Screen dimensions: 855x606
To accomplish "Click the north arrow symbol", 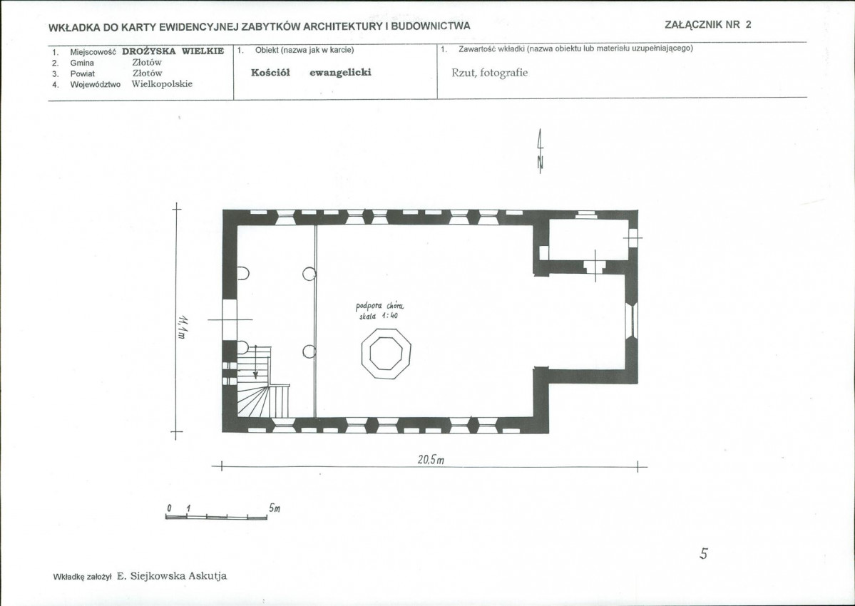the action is pyautogui.click(x=540, y=151).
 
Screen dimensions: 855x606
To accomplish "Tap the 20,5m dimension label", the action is pyautogui.click(x=431, y=460).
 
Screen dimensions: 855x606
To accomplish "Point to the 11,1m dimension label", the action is pyautogui.click(x=182, y=325).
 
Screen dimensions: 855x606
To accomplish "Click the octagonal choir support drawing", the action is pyautogui.click(x=386, y=353).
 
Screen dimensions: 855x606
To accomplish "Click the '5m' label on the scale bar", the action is pyautogui.click(x=275, y=508).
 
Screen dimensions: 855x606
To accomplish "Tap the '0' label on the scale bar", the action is pyautogui.click(x=169, y=508).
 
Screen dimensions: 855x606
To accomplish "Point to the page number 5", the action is pyautogui.click(x=703, y=554).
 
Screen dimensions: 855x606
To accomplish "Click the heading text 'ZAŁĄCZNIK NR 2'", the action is pyautogui.click(x=708, y=24).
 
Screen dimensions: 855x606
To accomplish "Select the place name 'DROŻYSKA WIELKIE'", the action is pyautogui.click(x=173, y=51).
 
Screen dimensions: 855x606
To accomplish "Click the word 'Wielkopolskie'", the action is pyautogui.click(x=162, y=84).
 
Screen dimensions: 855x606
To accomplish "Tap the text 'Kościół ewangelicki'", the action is pyautogui.click(x=311, y=73).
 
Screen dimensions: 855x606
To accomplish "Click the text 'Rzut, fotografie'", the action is pyautogui.click(x=490, y=73).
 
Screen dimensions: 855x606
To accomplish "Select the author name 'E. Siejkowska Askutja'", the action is pyautogui.click(x=172, y=576).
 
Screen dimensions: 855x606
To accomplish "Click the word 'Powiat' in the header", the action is pyautogui.click(x=82, y=73).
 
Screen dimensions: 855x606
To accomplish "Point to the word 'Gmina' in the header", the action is pyautogui.click(x=82, y=63).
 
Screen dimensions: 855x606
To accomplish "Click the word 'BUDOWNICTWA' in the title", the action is pyautogui.click(x=434, y=26).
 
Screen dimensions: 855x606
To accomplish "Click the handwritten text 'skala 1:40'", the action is pyautogui.click(x=379, y=316).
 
